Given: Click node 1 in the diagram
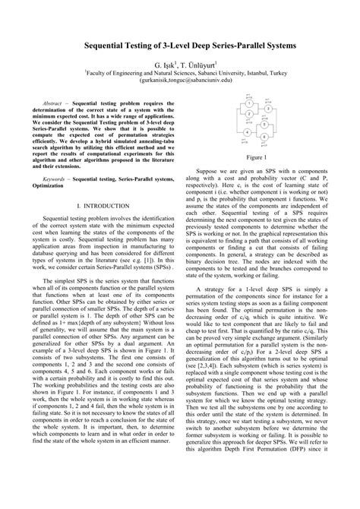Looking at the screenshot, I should pos(248,104).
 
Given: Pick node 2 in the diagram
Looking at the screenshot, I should pos(248,114).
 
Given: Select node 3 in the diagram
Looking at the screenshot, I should pos(268,109).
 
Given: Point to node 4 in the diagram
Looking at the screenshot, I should pos(247,132).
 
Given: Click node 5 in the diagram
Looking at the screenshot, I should pos(264,125).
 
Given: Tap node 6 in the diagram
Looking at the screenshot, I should pos(264,137).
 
